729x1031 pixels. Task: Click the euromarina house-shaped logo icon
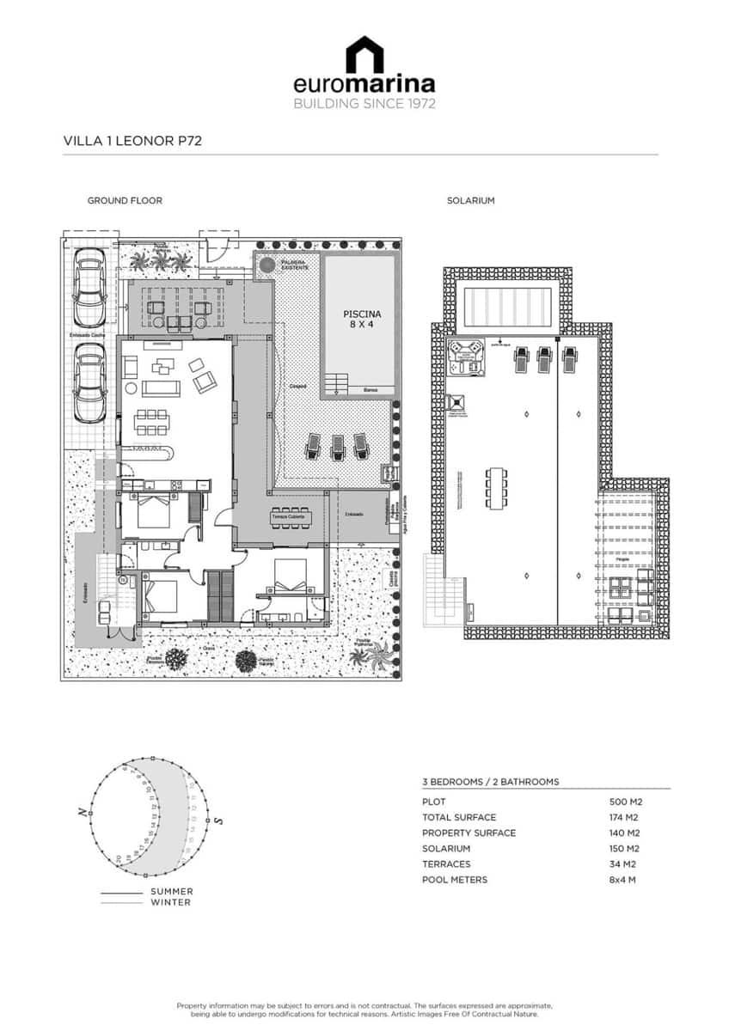(x=364, y=54)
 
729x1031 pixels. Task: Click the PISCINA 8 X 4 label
(x=359, y=320)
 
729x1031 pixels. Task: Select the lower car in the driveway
(x=89, y=383)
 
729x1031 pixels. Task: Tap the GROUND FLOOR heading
(x=125, y=201)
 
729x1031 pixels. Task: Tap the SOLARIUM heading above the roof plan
(x=470, y=201)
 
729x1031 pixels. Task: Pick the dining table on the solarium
(x=497, y=488)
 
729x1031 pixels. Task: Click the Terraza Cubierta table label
(x=285, y=517)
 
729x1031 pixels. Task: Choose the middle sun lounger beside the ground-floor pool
(x=337, y=445)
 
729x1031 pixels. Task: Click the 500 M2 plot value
(x=626, y=802)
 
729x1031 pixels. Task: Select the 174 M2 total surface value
(x=625, y=817)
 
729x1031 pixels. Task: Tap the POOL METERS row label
(x=454, y=880)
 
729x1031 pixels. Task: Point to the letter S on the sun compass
(x=218, y=821)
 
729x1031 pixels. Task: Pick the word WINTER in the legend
(x=170, y=902)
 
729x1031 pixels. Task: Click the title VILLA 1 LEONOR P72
(x=132, y=141)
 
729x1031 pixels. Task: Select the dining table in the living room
(x=151, y=422)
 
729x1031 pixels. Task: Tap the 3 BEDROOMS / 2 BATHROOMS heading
(x=490, y=782)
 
